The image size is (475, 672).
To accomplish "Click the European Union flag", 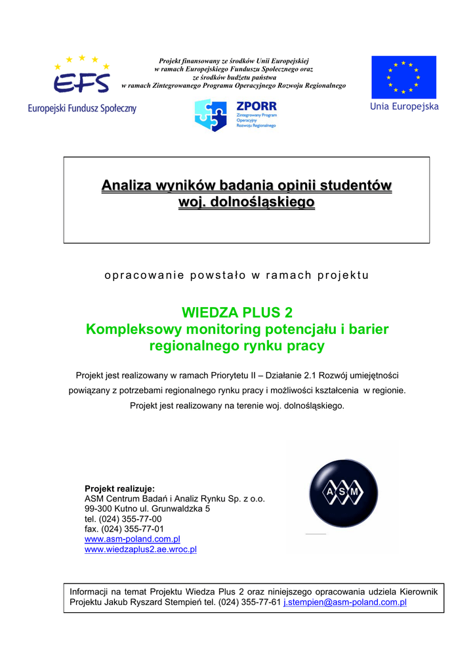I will [403, 77].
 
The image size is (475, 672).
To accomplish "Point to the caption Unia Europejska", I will [404, 106].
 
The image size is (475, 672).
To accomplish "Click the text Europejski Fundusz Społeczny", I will [82, 108].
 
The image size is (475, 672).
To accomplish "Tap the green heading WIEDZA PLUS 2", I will [237, 311].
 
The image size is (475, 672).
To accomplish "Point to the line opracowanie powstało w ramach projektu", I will [237, 275].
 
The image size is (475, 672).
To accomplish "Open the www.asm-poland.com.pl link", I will [133, 539].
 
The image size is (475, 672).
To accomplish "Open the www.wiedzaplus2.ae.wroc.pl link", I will [141, 549].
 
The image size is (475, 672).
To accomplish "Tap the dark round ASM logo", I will [344, 492].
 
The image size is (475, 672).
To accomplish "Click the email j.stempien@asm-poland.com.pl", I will [345, 601].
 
